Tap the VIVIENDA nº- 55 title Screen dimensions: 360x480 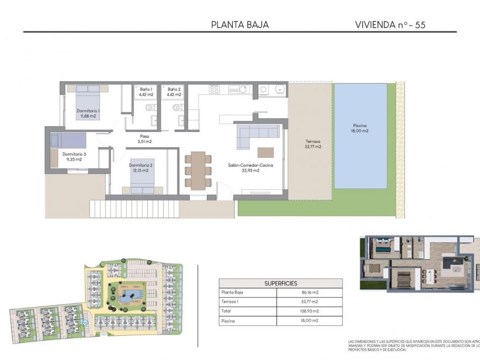tap(390, 25)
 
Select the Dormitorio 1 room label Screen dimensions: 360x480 tap(88, 113)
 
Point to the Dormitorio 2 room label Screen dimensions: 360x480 tap(141, 168)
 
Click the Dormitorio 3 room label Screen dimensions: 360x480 tap(74, 156)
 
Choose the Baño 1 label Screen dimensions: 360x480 tap(146, 91)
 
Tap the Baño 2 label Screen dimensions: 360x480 tap(174, 91)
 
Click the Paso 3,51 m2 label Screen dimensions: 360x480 tap(145, 139)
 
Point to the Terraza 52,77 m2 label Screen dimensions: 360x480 tap(313, 145)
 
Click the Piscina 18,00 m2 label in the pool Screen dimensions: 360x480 tap(360, 128)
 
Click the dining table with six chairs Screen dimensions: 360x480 tap(198, 170)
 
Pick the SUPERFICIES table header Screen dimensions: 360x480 tap(280, 283)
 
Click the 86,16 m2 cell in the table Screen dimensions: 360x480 tap(310, 292)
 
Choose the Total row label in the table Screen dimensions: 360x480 tap(227, 311)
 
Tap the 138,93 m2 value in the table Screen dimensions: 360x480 tap(310, 311)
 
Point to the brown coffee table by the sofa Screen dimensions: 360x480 tap(265, 152)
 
